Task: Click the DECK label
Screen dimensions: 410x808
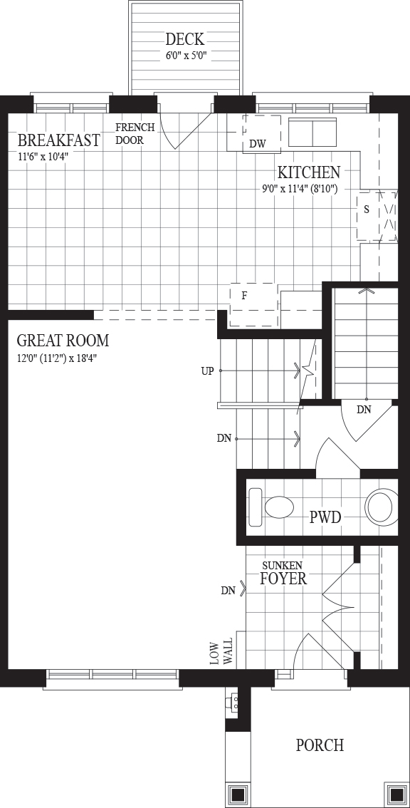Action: point(185,39)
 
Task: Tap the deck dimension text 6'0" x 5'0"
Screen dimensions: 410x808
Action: point(186,56)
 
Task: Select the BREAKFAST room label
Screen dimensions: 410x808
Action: point(58,140)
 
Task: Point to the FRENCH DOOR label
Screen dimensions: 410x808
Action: point(130,133)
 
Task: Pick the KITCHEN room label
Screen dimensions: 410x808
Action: point(308,172)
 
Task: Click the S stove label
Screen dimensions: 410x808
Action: point(366,209)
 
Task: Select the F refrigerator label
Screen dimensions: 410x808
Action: point(245,296)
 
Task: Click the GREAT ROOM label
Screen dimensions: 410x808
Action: point(63,341)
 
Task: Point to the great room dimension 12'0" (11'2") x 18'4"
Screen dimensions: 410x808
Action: point(57,358)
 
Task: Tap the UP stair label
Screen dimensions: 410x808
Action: point(207,371)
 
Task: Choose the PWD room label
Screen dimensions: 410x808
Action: point(325,517)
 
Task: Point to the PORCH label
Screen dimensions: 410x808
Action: point(320,745)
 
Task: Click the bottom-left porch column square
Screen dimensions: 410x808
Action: point(238,794)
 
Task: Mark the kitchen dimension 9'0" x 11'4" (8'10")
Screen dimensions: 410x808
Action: point(300,189)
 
